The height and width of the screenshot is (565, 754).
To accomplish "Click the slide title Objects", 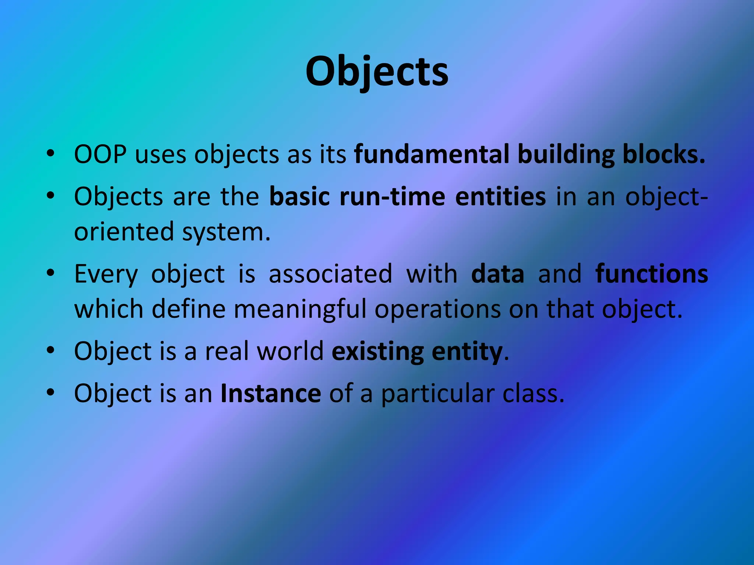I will [377, 72].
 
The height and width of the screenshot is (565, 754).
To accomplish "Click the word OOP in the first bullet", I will [100, 154].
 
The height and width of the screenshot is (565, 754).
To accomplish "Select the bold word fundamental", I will [431, 154].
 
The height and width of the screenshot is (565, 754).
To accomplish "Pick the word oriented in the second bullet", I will [124, 232].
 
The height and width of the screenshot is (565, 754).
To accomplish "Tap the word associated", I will [330, 274].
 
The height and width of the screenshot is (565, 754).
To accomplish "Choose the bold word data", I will [497, 274].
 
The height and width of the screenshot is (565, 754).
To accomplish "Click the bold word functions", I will [651, 274].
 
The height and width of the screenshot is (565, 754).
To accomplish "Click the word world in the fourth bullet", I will [290, 351].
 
